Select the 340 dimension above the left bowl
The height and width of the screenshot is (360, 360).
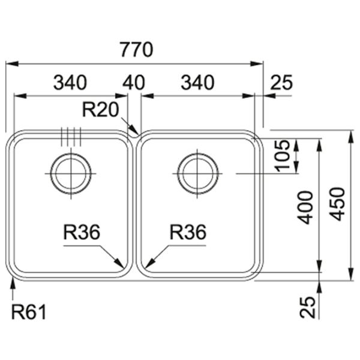click(x=70, y=83)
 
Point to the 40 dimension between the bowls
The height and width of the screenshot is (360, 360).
click(x=134, y=83)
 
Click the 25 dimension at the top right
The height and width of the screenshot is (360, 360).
click(x=281, y=83)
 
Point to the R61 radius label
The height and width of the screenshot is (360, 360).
click(x=28, y=312)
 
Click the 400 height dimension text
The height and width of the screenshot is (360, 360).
click(x=306, y=208)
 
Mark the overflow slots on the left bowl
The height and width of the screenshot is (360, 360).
click(x=71, y=137)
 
